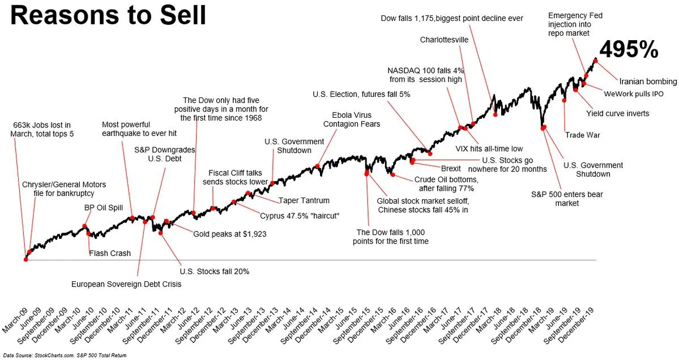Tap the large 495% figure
point(629,50)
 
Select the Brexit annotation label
point(451,169)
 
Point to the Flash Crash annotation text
point(110,254)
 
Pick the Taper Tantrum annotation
point(304,200)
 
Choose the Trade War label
point(582,135)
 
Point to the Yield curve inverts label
point(617,113)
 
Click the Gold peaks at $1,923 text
point(230,234)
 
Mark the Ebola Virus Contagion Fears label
point(352,119)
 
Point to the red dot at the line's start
point(25,259)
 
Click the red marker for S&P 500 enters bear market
point(543,128)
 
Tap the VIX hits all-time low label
point(489,149)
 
